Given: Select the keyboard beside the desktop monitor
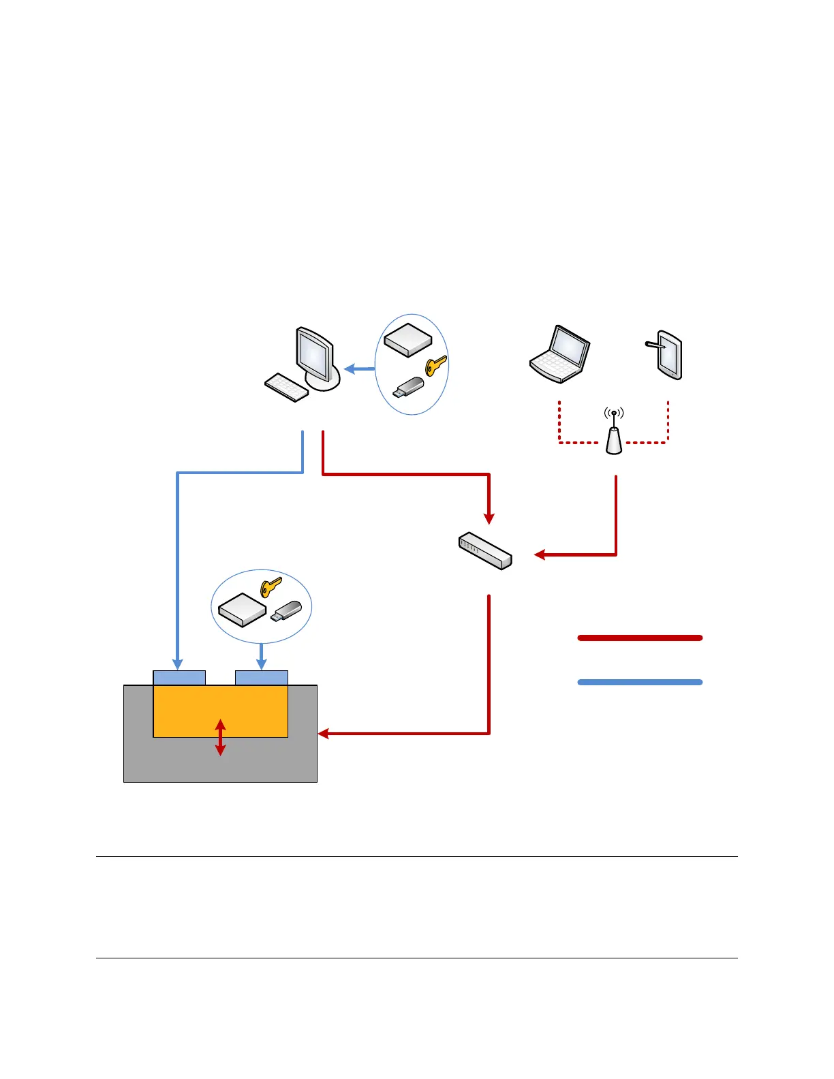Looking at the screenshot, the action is [286, 387].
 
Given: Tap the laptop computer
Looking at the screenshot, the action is [560, 354].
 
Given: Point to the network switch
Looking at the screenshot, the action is [485, 550].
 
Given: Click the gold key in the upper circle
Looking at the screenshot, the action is [435, 365].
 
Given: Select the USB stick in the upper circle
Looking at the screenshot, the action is [409, 388].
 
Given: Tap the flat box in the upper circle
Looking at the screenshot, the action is [407, 339].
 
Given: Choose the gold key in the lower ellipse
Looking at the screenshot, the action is [271, 587].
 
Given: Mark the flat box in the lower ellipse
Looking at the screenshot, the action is [242, 609].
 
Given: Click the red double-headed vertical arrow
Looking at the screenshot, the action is [220, 737].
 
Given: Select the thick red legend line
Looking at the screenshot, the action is [640, 638].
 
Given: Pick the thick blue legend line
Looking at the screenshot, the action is [640, 682].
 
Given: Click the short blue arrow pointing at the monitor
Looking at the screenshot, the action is [359, 369].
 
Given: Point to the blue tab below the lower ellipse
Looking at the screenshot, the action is [262, 678].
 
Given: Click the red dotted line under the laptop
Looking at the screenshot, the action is [559, 422].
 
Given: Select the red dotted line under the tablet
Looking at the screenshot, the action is [668, 422].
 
